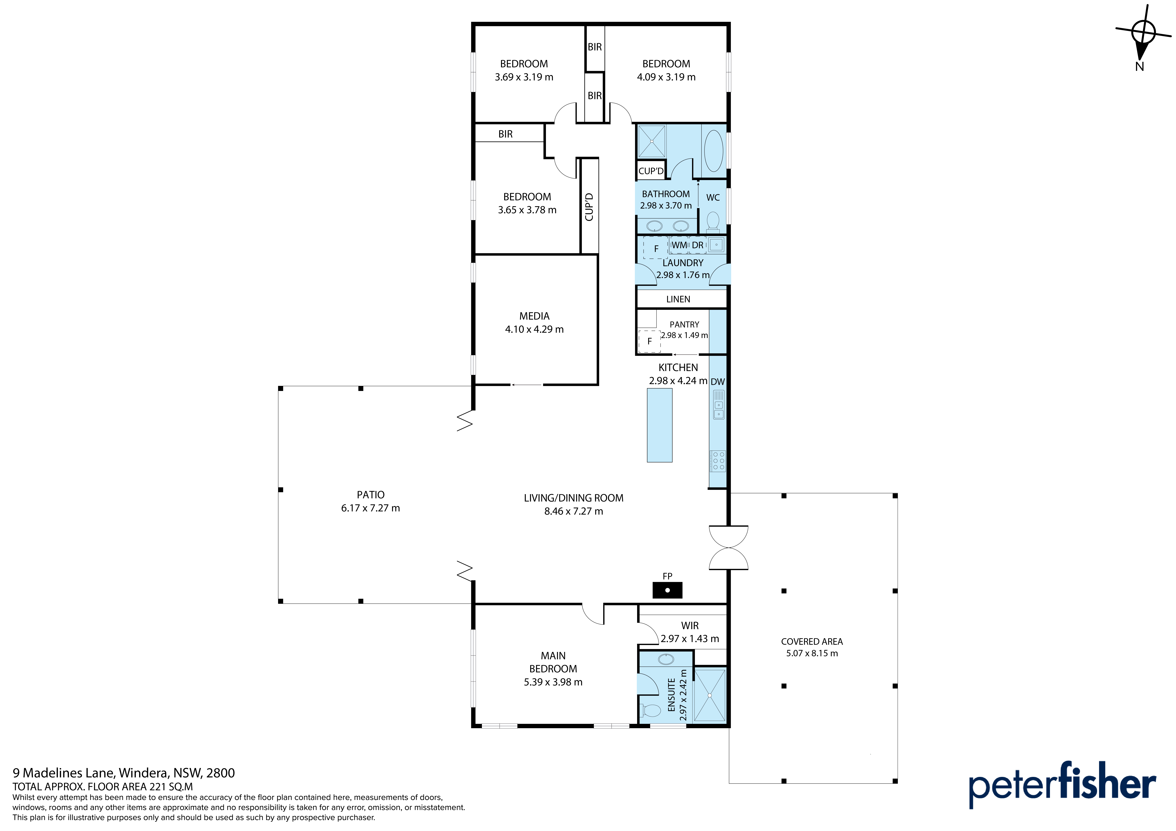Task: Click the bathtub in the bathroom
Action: (x=714, y=151)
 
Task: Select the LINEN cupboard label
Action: (x=678, y=299)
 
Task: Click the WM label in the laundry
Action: (x=679, y=245)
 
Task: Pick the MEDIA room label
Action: (x=534, y=316)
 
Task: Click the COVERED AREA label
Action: (x=812, y=642)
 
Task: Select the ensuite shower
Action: (x=710, y=695)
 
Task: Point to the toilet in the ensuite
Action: (x=651, y=710)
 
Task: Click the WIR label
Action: (x=690, y=626)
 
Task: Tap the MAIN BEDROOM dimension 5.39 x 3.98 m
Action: (x=553, y=682)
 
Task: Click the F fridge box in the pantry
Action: (x=650, y=341)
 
